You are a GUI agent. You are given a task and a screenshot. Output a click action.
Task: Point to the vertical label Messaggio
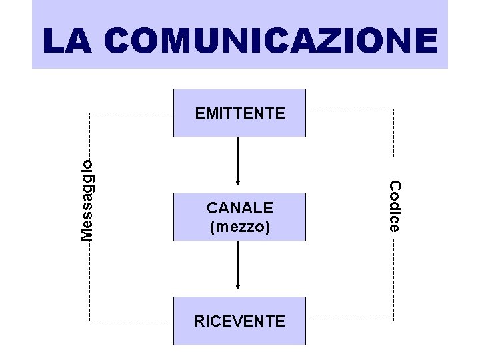tap(87, 196)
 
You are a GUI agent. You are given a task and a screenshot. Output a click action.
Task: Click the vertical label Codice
tap(394, 206)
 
